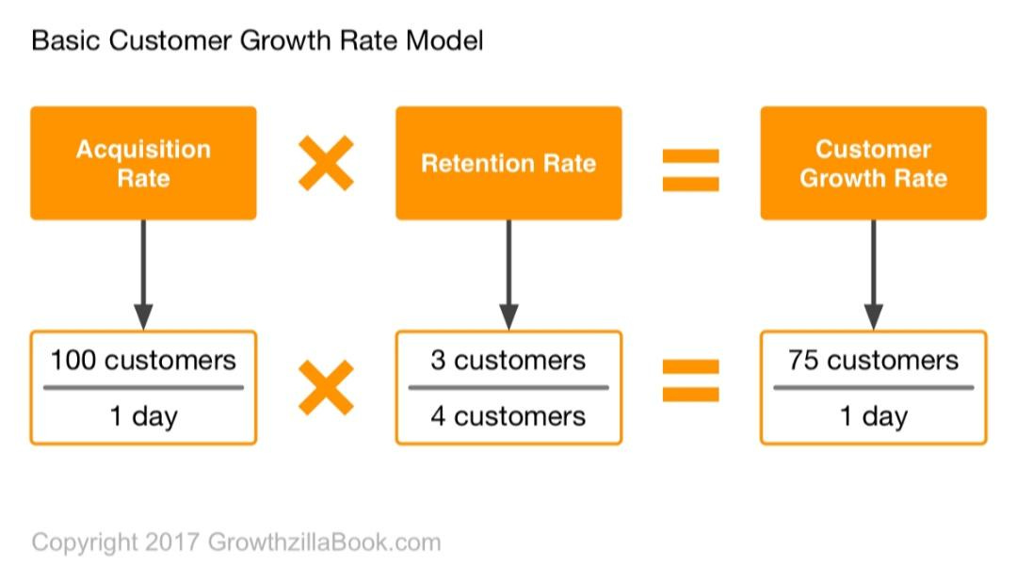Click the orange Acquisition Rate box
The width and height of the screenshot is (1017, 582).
coord(143,163)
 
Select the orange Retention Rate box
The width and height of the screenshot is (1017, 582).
coord(508,163)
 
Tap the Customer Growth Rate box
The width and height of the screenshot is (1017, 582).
coord(873,163)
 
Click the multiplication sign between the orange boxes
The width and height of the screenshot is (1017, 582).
coord(326,164)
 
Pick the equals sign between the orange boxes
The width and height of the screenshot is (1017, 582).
coord(690,170)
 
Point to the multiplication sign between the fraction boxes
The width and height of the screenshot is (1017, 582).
coord(326,387)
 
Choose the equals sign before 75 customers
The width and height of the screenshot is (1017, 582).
coord(690,380)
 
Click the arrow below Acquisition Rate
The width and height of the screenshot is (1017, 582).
coord(143,273)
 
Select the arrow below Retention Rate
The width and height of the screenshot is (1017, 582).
coord(508,273)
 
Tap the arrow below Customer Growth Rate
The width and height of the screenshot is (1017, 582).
coord(873,273)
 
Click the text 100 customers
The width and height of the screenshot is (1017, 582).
coord(143,360)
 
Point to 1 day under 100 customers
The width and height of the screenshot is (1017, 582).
coord(143,416)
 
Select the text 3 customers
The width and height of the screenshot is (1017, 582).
coord(508,360)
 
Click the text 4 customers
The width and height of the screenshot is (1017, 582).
coord(508,416)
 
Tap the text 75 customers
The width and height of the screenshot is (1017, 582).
coord(873,360)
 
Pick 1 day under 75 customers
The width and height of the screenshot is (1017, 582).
coord(873,416)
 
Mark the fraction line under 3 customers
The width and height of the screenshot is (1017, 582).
coord(508,387)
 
